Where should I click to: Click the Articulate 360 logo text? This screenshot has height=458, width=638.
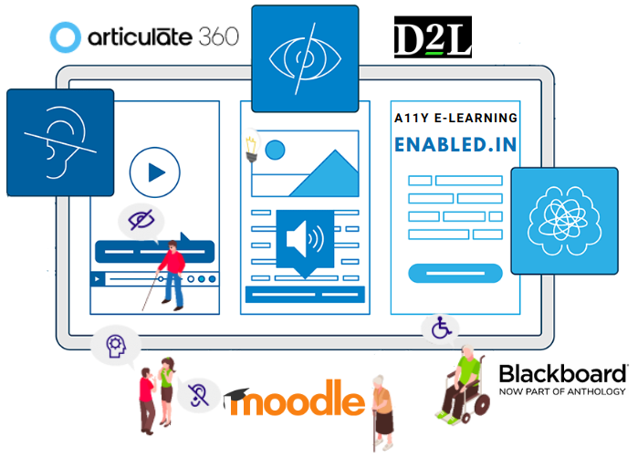point(163,36)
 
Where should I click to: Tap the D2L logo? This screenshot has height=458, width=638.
point(433,37)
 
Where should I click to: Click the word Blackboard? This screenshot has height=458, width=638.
point(562,374)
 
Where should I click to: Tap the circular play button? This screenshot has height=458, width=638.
point(155,172)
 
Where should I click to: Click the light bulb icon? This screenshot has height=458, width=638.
point(248,149)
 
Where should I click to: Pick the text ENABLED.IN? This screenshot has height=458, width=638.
point(455,145)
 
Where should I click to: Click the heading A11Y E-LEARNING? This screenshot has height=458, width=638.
point(455,118)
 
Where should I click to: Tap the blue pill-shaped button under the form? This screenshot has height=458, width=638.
point(455,271)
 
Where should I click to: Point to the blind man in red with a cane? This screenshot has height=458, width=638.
point(170,274)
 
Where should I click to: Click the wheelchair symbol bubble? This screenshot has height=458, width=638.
point(441,328)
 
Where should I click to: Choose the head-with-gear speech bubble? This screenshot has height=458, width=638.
point(115,347)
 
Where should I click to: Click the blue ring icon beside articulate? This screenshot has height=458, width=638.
point(67,37)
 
